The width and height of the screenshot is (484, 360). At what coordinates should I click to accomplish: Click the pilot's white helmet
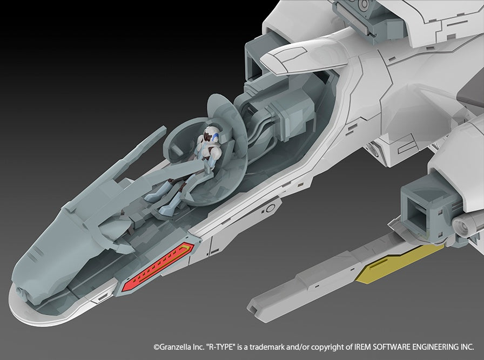tap(212, 134)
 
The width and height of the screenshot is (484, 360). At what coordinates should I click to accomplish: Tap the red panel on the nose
tap(157, 267)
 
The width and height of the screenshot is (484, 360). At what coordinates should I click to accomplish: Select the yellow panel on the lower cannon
tap(399, 263)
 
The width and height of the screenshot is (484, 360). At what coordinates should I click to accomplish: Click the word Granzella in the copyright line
tap(175, 347)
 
